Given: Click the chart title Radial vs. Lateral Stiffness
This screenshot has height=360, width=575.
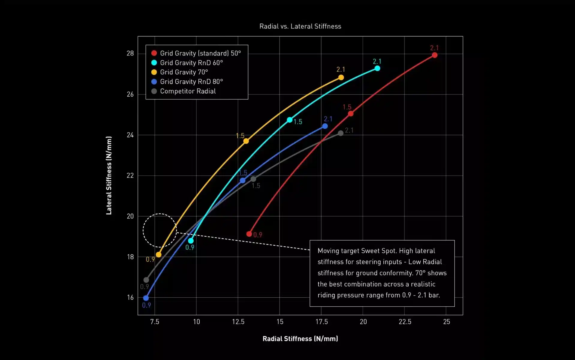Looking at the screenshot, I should click(300, 26).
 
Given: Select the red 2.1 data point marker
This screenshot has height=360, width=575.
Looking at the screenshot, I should click(434, 55).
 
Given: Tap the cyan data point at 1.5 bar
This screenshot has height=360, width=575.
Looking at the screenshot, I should click(290, 120).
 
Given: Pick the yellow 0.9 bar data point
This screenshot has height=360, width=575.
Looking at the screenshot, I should click(159, 255).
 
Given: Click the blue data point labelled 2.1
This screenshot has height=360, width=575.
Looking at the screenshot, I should click(325, 126).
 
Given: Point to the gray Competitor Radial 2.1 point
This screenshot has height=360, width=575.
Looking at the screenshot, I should click(341, 133).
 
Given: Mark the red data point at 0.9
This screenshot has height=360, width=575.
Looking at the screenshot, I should click(249, 234).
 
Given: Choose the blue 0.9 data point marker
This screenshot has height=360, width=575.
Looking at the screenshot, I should click(146, 298).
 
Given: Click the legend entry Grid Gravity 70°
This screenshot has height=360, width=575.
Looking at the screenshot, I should click(184, 72).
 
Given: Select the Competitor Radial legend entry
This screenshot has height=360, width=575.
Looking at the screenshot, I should click(188, 91).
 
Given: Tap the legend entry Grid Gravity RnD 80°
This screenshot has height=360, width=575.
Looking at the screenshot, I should click(191, 82).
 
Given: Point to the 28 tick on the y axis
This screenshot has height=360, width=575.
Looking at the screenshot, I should click(130, 53).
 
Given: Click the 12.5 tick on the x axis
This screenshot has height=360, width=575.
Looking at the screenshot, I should click(238, 322).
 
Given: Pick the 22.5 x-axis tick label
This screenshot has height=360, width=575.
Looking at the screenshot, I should click(405, 322).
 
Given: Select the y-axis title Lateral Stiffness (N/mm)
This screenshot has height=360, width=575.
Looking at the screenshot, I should click(109, 175).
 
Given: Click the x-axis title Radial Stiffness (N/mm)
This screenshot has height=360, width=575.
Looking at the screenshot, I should click(300, 339).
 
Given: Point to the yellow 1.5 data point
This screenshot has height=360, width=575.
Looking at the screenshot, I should click(246, 141).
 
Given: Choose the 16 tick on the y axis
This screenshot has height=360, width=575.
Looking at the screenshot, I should click(130, 298).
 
